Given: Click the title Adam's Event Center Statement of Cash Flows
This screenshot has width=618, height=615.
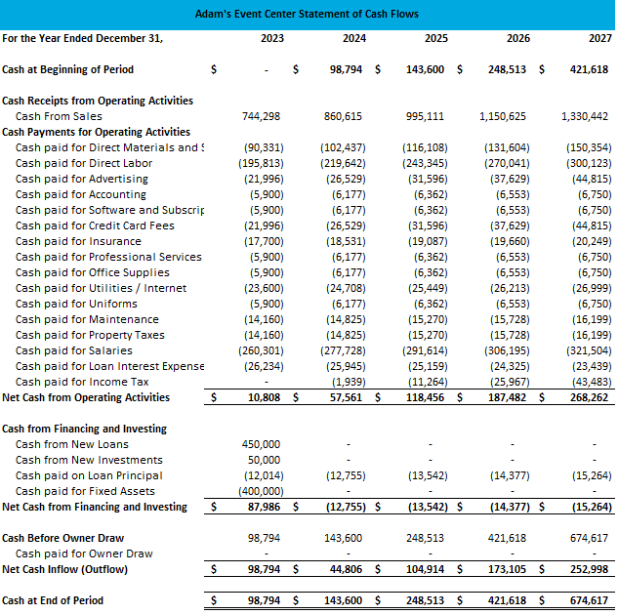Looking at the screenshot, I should (307, 14).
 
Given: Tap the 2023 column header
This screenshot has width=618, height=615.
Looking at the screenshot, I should (272, 38).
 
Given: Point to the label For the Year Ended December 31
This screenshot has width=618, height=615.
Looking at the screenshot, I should (83, 38).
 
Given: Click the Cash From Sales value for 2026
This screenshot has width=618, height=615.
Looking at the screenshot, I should (503, 116).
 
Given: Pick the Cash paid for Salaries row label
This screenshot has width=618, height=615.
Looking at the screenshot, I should (74, 350).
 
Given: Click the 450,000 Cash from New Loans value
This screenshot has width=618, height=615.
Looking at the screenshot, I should (261, 444).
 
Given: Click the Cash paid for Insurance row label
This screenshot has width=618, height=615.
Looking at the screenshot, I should (78, 241).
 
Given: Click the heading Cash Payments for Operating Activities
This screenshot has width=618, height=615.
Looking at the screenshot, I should (96, 132).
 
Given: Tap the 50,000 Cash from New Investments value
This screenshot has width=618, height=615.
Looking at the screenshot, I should (265, 460).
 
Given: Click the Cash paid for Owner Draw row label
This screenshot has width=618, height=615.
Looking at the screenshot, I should (84, 553).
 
